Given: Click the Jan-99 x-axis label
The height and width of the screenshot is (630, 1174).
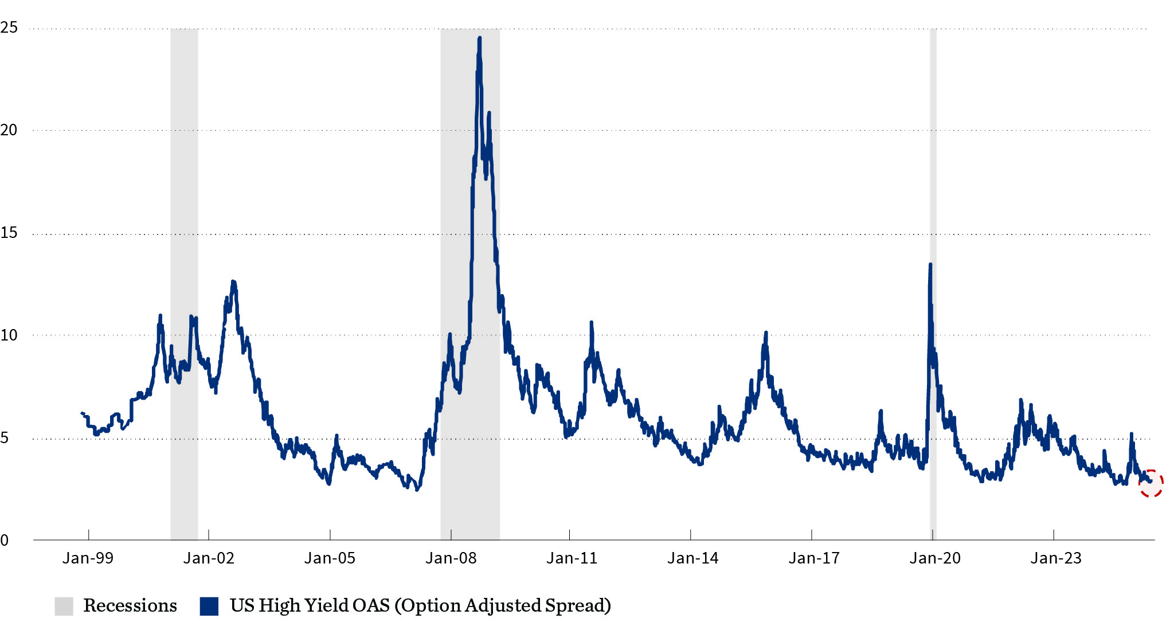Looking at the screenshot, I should coord(88,558).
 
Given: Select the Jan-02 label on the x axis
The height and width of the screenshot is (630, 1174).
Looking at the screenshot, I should coord(209,558).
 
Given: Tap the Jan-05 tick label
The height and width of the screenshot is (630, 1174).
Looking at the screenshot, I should coord(330,558).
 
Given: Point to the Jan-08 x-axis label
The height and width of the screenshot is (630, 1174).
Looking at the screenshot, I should coord(451,558).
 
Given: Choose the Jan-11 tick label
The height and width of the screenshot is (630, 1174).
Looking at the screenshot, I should coord(572,558).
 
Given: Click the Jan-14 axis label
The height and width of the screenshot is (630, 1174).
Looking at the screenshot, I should coord(692,558).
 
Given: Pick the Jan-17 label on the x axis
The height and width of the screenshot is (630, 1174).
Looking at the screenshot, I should coord(813,558).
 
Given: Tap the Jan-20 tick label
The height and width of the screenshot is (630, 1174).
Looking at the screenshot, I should coord(934,558).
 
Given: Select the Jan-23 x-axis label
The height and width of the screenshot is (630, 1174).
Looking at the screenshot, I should coord(1055,558).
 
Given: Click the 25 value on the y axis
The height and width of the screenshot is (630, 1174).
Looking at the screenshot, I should coord(9,28).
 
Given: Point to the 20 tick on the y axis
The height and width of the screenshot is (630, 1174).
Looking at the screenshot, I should coord(9,130).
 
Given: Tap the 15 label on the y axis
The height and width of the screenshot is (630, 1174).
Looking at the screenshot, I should coord(9,233).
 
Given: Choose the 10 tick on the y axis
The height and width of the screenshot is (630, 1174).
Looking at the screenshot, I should coord(9,335).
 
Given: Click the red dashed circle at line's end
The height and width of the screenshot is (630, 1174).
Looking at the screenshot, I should coord(1150,484).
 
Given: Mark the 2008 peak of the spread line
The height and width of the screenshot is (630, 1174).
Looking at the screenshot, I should coord(479,38).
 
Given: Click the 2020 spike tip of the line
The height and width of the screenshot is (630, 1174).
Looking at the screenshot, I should coord(930,265).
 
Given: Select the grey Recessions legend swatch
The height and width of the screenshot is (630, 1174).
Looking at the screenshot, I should coord(64,606).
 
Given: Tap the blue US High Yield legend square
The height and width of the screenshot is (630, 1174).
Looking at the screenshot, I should coord(209,606).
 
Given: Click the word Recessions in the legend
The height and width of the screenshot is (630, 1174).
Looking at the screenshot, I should coord(130,606).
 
